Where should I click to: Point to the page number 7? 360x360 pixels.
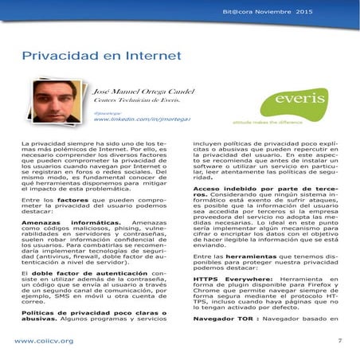pyautogui.click(x=339, y=340)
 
